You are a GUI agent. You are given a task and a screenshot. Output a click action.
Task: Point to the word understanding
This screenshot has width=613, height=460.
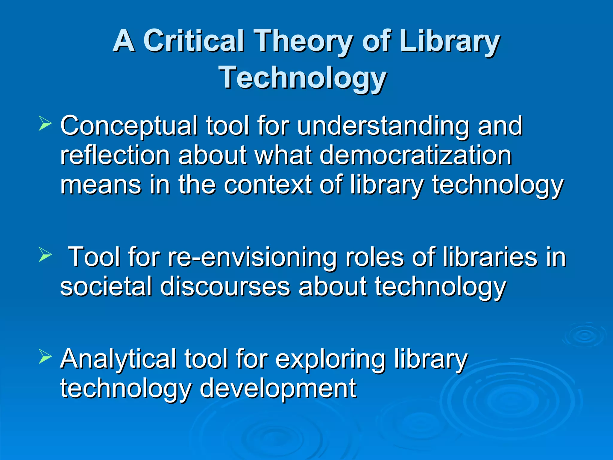[383, 126]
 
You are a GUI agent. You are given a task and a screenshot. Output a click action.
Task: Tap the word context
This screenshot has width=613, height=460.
[268, 184]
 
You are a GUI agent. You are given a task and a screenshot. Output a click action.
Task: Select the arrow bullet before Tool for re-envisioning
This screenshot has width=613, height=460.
[45, 255]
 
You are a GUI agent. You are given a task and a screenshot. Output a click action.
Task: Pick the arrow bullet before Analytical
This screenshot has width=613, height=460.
[45, 357]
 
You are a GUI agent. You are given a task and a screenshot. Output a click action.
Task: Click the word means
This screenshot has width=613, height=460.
[101, 184]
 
